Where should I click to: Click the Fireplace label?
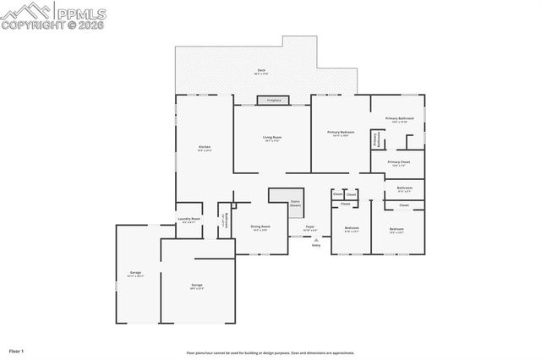(x=273, y=101)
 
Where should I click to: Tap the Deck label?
(x=261, y=72)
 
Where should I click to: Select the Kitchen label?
(x=204, y=148)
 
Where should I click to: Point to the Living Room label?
(x=271, y=138)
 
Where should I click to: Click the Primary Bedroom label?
(x=342, y=134)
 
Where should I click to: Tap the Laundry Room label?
(x=189, y=220)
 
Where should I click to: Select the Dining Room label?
(x=260, y=227)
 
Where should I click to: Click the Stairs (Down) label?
(x=295, y=203)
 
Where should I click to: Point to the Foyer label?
(x=309, y=227)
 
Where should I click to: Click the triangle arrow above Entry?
(x=315, y=240)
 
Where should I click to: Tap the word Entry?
(x=315, y=246)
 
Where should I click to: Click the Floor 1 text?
(x=17, y=350)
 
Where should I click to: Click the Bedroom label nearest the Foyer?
(x=352, y=229)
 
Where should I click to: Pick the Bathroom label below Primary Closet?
(x=405, y=188)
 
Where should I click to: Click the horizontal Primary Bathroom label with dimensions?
(x=396, y=120)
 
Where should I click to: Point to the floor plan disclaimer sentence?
(x=270, y=353)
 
